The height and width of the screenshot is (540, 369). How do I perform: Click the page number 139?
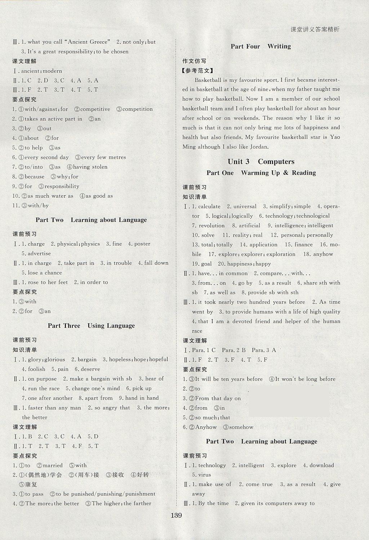(x=176, y=515)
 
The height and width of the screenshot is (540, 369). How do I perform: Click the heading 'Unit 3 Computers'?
(x=261, y=161)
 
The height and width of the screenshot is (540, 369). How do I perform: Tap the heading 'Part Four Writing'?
(x=261, y=46)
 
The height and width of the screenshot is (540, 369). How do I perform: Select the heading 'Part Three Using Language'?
(x=91, y=325)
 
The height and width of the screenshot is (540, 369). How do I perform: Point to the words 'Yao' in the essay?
(x=335, y=137)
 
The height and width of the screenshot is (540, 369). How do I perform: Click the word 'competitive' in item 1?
(x=95, y=109)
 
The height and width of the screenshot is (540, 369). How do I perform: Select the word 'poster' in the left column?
(x=142, y=244)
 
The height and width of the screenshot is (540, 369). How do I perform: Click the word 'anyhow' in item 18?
(x=323, y=254)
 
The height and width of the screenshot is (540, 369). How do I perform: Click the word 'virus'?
(x=205, y=475)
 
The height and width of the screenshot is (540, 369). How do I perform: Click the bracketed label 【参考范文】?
(x=198, y=71)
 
